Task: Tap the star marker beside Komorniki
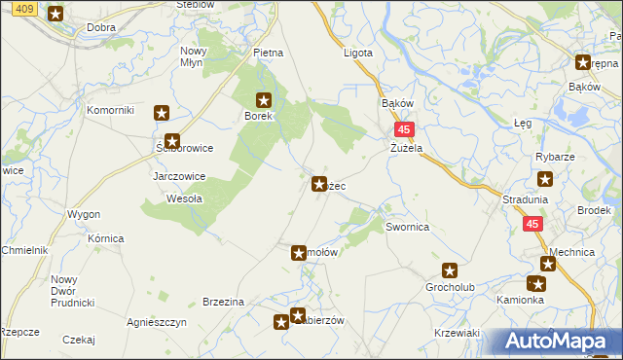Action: (x=162, y=112)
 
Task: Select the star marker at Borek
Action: (x=264, y=99)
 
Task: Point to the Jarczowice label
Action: (x=178, y=177)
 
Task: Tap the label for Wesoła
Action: (x=185, y=198)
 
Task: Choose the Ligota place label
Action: (x=358, y=53)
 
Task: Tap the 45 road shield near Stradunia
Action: (x=531, y=224)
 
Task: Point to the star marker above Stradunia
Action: (x=545, y=179)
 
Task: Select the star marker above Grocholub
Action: (x=450, y=270)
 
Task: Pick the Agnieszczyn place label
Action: (x=157, y=321)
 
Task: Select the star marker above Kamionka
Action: (x=536, y=284)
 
